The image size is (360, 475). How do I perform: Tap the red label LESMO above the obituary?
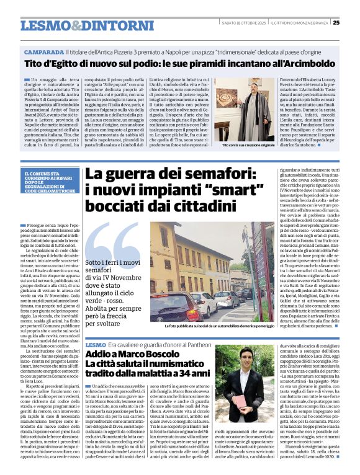96,344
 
